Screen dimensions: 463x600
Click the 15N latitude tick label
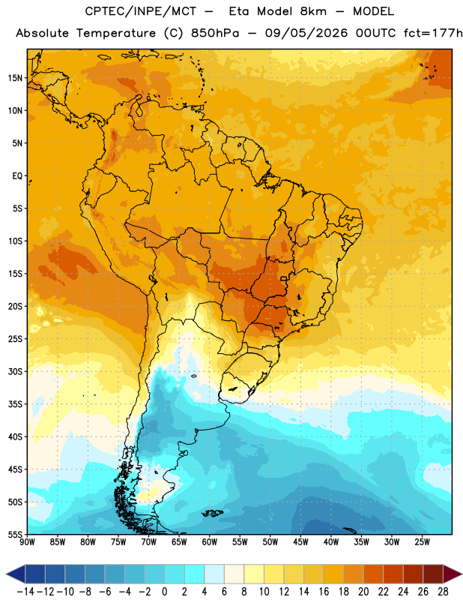click(x=15, y=78)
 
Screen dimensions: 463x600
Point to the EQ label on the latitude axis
click(x=17, y=176)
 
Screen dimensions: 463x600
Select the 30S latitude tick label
click(x=15, y=371)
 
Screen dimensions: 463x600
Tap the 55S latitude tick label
click(x=15, y=534)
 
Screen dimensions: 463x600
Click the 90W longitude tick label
click(x=27, y=542)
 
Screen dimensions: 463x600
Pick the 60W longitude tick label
click(x=210, y=542)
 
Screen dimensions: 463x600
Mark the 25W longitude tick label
click(x=422, y=542)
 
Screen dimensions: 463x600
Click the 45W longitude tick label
click(x=301, y=542)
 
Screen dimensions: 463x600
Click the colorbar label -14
click(x=25, y=592)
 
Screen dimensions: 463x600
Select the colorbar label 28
click(x=443, y=592)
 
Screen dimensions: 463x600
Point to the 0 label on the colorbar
click(x=165, y=592)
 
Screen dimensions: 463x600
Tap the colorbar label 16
click(x=324, y=592)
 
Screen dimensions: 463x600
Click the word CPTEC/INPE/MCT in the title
click(x=141, y=11)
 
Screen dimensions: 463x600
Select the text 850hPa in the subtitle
click(x=215, y=33)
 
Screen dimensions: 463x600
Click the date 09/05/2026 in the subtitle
click(x=306, y=33)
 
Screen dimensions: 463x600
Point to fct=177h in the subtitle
click(x=433, y=33)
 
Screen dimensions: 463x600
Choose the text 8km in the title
click(x=313, y=11)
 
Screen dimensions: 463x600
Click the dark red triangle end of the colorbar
click(x=453, y=574)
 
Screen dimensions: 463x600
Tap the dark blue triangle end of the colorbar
click(x=16, y=574)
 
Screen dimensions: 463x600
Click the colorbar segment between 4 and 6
click(x=214, y=574)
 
